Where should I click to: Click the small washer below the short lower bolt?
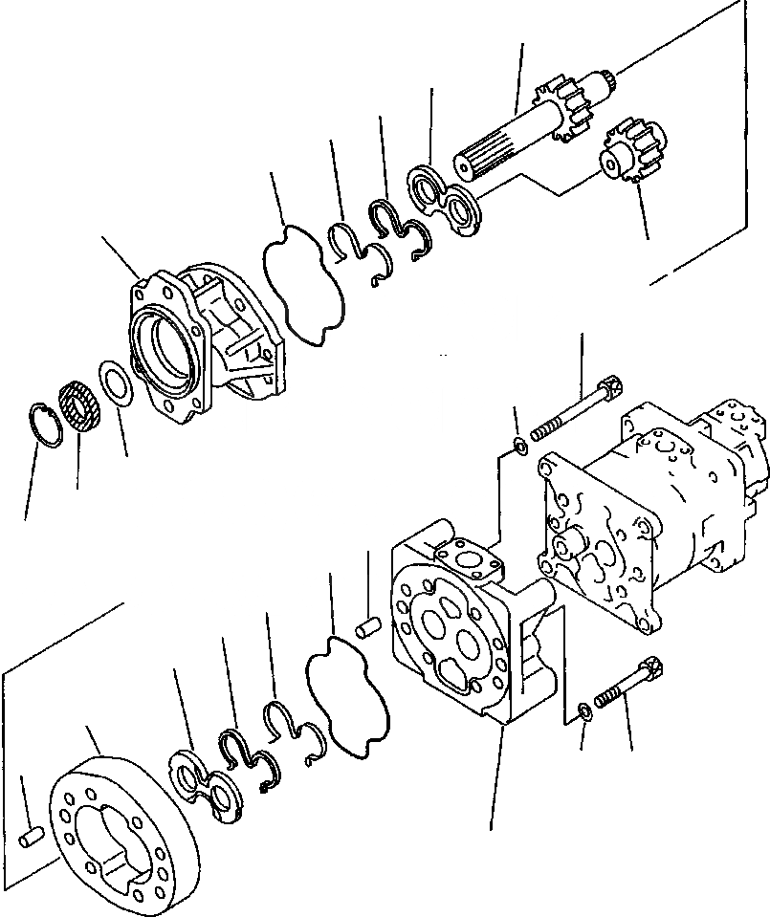(583, 710)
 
